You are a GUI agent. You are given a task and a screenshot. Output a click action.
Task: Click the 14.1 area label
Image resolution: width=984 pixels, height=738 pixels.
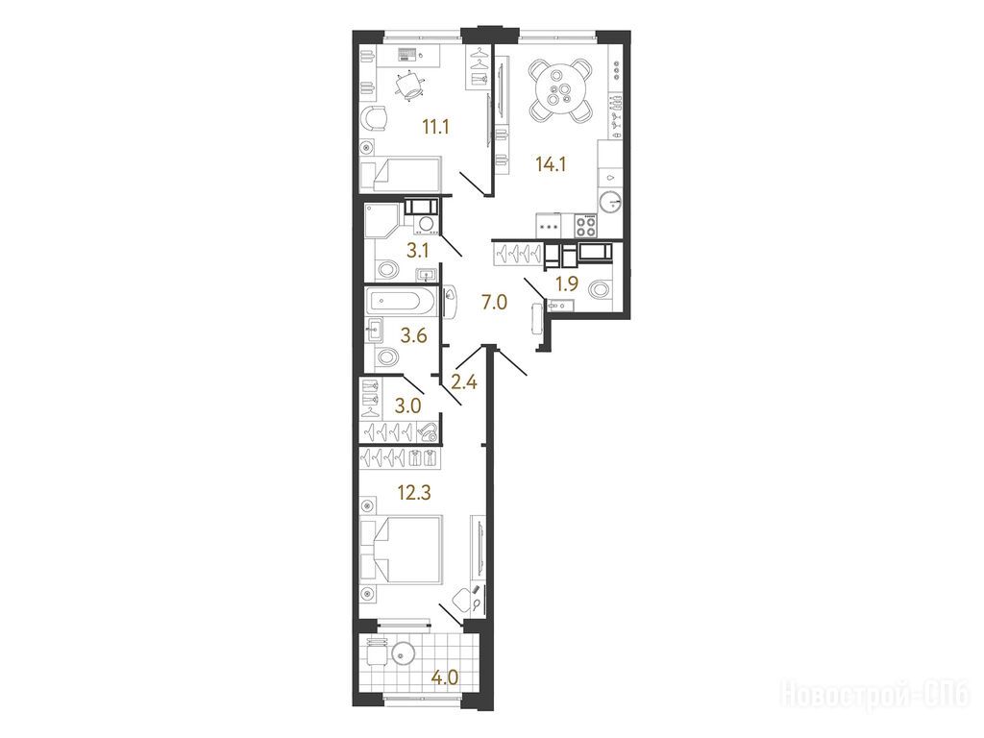(x=551, y=164)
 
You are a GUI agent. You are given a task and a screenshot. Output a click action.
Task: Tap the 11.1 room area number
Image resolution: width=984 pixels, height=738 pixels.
(x=435, y=128)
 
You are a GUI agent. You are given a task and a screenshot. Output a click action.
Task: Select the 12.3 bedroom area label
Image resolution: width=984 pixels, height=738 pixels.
(x=414, y=493)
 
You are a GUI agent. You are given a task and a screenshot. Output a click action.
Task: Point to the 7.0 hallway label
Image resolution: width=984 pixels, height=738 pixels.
(x=493, y=303)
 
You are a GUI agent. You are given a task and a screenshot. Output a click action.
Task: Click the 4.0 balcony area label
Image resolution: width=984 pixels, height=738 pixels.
(x=444, y=678)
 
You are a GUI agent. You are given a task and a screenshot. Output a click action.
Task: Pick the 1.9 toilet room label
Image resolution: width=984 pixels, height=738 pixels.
(x=566, y=284)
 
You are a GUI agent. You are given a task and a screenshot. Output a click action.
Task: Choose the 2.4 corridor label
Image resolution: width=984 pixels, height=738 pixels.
(x=464, y=381)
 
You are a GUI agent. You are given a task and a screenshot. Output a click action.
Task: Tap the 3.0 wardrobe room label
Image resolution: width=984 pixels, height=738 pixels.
(x=407, y=406)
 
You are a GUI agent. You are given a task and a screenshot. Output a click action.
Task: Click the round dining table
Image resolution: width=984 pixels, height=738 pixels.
(x=560, y=90)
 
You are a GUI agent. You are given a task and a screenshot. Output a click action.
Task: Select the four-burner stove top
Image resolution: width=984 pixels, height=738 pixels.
(x=587, y=226)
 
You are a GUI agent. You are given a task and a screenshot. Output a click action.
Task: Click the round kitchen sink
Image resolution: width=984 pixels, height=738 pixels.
(x=610, y=203)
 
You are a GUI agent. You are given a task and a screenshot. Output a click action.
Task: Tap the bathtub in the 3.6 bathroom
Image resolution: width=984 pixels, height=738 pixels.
(x=401, y=301)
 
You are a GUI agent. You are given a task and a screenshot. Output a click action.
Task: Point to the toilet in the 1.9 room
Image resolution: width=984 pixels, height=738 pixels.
(x=600, y=290)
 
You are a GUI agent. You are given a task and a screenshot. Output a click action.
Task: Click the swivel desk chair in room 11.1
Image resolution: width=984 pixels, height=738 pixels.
(x=409, y=86)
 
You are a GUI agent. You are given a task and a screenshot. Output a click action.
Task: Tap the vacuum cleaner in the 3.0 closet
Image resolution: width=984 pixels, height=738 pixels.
(x=428, y=431)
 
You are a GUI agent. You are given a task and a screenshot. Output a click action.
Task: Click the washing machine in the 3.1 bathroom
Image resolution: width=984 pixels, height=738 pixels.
(x=427, y=224)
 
